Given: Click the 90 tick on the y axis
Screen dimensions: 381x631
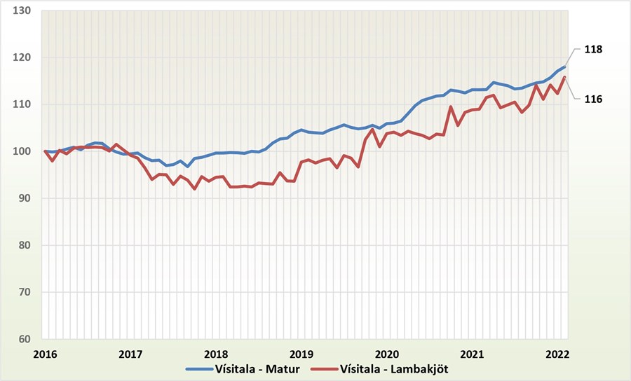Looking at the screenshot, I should [25, 199].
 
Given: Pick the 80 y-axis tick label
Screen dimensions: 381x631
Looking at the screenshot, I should [25, 246].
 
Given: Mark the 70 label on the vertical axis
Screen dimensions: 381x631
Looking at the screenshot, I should [25, 293].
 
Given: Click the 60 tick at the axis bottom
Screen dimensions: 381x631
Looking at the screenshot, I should [25, 340].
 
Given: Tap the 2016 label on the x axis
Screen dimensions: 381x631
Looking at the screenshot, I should [46, 354].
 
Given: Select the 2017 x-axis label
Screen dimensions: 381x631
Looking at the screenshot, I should [130, 354].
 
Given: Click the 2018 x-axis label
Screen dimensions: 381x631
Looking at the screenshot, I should [216, 354].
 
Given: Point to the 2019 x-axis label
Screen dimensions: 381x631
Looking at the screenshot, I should [301, 354].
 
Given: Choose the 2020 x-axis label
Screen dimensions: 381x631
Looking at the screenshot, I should [388, 354].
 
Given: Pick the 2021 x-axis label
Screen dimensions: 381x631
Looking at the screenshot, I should [473, 354].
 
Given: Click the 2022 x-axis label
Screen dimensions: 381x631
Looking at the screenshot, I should [557, 354].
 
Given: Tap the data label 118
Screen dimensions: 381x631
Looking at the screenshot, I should [593, 50].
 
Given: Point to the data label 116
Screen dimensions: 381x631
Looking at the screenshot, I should [593, 99].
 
